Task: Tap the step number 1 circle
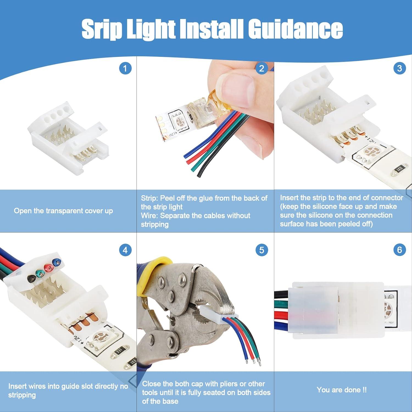coord(125,68)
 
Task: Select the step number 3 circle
coord(399,68)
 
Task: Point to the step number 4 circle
coord(125,250)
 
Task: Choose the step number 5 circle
coord(261,250)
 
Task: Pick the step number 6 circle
coord(399,250)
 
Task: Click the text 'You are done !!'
coord(341,390)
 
